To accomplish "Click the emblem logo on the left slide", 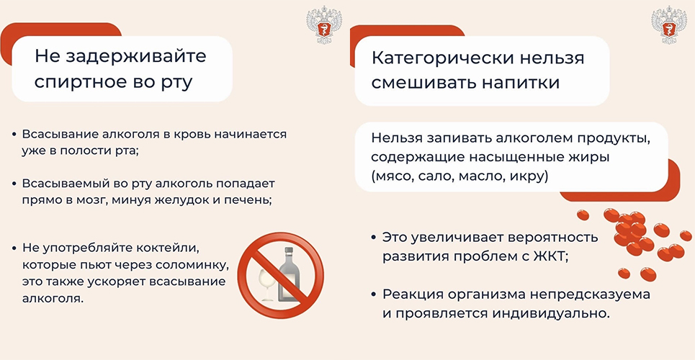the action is [x=321, y=24].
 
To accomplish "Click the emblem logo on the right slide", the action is [x=665, y=24].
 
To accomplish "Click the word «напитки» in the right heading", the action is [x=521, y=82].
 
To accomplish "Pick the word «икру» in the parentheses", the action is [x=533, y=176].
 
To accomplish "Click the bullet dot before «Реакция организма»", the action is [x=373, y=294].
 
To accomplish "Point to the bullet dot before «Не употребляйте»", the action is [x=14, y=248].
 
